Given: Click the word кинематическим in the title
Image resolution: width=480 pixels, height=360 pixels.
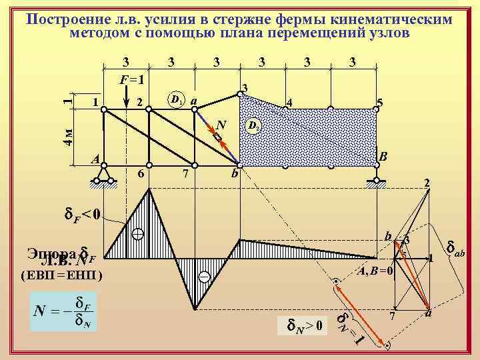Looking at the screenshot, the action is [x=395, y=19].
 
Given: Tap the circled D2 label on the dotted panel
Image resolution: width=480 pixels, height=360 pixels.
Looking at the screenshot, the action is [x=253, y=125].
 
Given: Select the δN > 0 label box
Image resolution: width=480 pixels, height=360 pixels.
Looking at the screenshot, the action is [x=304, y=326].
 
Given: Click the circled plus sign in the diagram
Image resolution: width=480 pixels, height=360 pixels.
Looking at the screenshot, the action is [x=138, y=234].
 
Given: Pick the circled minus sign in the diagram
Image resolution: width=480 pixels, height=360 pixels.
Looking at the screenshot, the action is [x=204, y=276].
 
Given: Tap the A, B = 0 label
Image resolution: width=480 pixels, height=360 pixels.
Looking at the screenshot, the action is [x=375, y=271].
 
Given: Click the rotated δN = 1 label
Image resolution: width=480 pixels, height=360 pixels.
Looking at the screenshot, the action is [x=349, y=327].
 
